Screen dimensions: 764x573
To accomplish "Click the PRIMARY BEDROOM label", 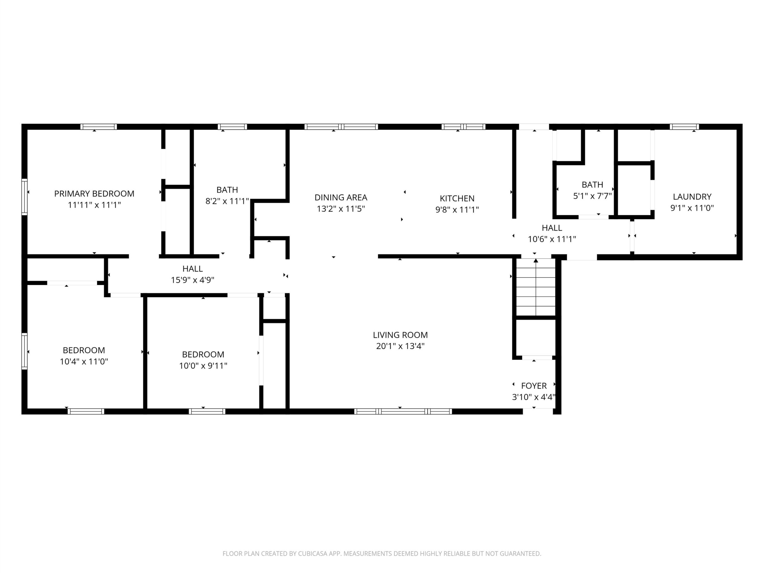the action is click(94, 194).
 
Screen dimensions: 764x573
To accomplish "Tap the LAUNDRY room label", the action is click(692, 197).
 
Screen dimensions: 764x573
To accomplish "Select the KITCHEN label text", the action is click(457, 198).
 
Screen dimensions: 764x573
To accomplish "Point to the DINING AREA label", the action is click(341, 198).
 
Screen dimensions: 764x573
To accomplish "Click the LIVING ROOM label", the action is click(400, 335).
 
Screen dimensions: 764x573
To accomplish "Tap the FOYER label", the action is click(534, 386).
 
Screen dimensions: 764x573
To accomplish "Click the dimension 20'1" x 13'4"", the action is click(400, 346).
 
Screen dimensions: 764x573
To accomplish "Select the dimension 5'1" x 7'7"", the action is click(593, 196).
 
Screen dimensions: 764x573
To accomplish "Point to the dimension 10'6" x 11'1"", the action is click(552, 239).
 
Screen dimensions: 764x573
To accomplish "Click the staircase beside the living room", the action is click(536, 287).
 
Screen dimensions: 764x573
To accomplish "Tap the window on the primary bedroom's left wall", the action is click(24, 197).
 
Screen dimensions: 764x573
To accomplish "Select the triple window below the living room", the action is click(403, 411).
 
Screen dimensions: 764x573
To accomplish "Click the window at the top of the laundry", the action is click(684, 127).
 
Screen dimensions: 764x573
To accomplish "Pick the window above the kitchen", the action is click(463, 127).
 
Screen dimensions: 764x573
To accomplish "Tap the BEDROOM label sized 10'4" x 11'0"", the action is click(84, 351).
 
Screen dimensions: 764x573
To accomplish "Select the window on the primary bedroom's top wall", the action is click(99, 127).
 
